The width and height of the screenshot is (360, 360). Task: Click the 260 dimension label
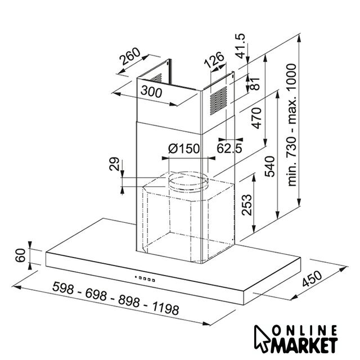(x=130, y=56)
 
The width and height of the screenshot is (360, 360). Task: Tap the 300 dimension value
(x=151, y=91)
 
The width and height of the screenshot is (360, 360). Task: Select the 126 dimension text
(x=214, y=60)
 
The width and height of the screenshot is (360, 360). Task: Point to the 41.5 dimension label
(x=240, y=46)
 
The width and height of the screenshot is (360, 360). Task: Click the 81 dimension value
(x=255, y=84)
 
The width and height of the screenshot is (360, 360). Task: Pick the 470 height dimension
(x=256, y=118)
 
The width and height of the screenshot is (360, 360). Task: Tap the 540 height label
(x=269, y=166)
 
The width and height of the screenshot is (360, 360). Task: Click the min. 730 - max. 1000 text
(x=291, y=125)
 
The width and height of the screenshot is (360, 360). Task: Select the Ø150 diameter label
(x=184, y=148)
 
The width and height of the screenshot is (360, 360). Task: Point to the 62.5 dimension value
(x=229, y=148)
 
